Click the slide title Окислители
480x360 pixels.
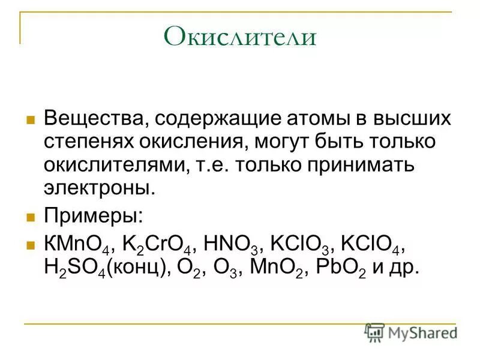239,37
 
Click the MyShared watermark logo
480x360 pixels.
410,332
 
